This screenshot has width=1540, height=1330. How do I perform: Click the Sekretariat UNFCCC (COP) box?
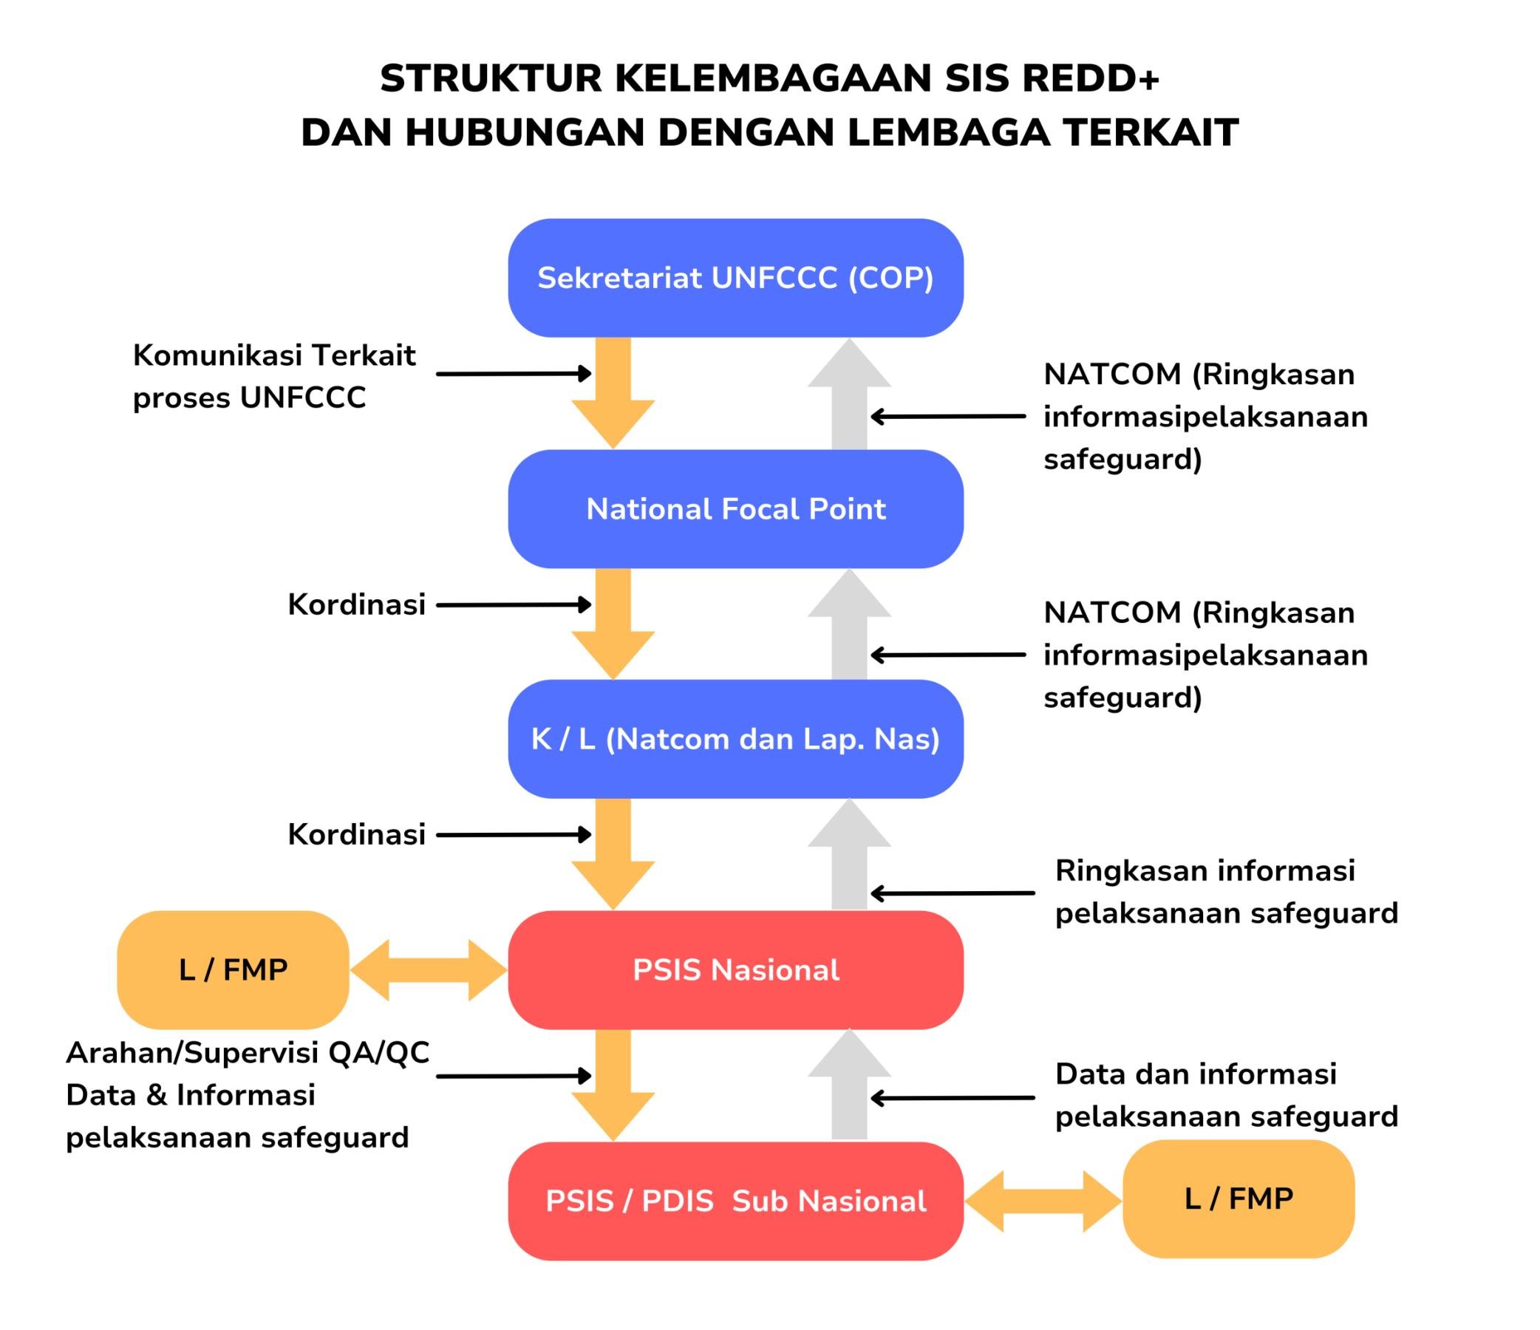point(735,278)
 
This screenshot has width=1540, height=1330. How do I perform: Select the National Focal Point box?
point(735,509)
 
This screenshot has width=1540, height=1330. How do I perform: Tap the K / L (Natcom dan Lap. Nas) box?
point(735,740)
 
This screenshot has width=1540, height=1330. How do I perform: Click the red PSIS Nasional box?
point(735,969)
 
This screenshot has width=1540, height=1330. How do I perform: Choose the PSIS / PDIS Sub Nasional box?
point(735,1201)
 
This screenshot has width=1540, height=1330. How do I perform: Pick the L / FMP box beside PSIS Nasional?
point(233,969)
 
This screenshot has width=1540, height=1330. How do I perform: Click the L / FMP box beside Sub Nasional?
point(1239,1198)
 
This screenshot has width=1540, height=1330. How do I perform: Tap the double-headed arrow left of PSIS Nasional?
point(428,969)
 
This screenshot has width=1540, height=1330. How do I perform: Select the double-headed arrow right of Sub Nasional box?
point(1043,1201)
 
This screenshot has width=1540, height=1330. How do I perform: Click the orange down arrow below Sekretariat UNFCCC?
point(613,394)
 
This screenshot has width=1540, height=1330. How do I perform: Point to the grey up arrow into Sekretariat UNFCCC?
point(850,394)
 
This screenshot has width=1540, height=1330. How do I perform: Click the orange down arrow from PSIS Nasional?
point(613,1085)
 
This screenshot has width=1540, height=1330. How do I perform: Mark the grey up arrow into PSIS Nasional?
point(850,854)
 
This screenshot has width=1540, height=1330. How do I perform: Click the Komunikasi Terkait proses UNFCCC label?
point(273,377)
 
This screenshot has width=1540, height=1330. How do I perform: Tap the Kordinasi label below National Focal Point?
point(356,605)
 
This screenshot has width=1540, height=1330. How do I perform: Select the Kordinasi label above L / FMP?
point(356,834)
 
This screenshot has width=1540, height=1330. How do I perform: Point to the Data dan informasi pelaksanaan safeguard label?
point(1227,1095)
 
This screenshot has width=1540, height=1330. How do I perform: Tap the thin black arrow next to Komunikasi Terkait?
point(513,374)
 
